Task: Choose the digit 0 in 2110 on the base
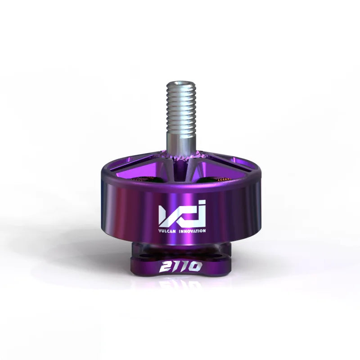coord(194,267)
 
